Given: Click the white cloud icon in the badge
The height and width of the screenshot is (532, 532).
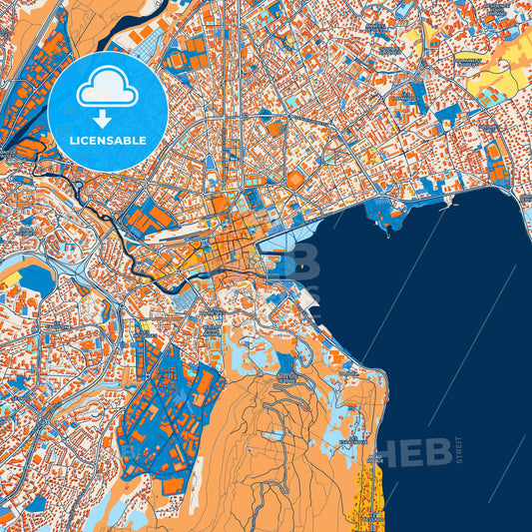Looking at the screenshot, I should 107,88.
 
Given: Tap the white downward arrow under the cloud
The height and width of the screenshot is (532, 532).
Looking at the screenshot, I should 107,117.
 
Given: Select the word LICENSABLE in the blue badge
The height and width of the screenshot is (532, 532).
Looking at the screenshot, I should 107,141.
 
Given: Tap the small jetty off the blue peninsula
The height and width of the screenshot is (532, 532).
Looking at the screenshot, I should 384,231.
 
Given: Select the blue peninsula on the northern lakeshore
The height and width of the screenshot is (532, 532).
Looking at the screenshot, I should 381,210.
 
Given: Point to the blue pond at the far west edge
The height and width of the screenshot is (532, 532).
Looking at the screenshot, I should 35,280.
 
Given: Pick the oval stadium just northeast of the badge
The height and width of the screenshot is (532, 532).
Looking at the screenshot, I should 176,60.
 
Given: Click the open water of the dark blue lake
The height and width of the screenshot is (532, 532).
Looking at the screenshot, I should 439,319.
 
